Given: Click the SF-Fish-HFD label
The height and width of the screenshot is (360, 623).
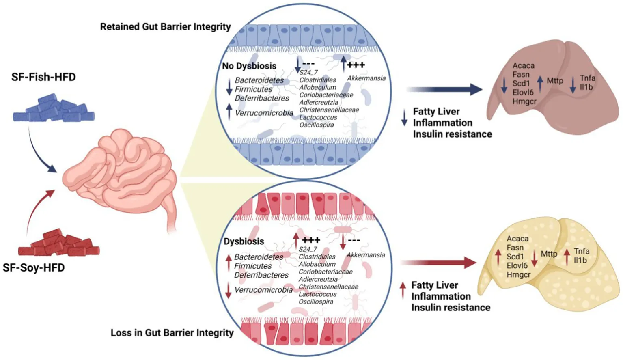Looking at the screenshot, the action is [x=43, y=77].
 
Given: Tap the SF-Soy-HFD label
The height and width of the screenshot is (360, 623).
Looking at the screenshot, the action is [x=34, y=267].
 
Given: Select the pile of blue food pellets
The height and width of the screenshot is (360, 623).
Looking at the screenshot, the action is [x=54, y=108].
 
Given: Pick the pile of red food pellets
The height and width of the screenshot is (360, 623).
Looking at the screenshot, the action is [x=59, y=242].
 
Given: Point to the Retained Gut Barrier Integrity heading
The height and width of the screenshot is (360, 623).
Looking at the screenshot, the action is [x=166, y=27].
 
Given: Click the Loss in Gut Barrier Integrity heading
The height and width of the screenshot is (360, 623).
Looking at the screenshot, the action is [x=172, y=333].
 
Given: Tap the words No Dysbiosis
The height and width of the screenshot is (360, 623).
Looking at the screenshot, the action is [x=249, y=66].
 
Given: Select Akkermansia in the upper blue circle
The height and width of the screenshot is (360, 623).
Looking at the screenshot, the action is [x=366, y=78].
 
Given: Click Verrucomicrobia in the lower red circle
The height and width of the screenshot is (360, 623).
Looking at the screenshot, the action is [x=263, y=290].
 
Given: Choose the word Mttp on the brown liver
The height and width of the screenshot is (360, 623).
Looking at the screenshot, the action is [x=555, y=81].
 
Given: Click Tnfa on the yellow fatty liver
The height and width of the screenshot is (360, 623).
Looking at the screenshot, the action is [x=582, y=251].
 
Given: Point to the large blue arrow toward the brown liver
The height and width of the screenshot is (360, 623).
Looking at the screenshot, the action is [x=444, y=89].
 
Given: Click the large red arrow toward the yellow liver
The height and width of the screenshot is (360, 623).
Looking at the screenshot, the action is [x=439, y=263].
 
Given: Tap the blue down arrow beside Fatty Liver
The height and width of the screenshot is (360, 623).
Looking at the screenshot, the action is [x=404, y=117].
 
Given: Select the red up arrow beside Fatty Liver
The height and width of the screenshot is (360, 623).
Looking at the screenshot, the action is [x=403, y=291].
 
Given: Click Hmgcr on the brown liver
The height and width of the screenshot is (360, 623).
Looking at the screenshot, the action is [x=524, y=101].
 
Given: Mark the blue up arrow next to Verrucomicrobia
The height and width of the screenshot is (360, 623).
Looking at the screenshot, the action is [x=229, y=112].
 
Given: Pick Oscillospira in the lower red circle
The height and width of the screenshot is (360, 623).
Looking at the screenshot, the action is [x=316, y=302].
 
